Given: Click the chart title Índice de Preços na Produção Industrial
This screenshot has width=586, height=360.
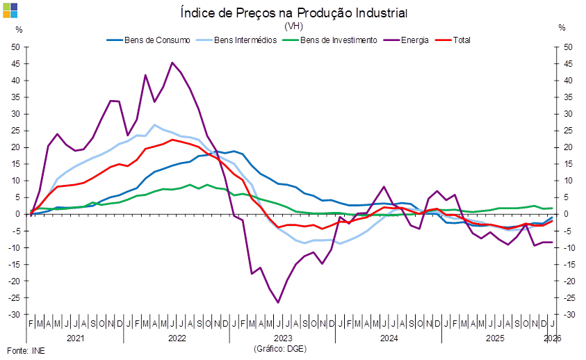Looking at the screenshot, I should coord(293,13).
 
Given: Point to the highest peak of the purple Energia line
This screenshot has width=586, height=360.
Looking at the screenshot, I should coord(172,62).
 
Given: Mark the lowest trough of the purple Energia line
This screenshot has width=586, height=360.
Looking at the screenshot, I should coord(278,302).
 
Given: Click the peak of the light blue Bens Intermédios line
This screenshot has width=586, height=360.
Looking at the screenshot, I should coord(154,125).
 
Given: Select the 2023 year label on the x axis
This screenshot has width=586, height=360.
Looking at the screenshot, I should coord(282,338).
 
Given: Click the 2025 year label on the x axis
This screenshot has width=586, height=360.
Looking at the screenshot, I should coord(494,338).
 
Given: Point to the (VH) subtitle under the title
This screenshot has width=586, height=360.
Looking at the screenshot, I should coord(293,26).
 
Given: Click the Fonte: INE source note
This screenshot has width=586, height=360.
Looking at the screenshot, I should coord(25,350).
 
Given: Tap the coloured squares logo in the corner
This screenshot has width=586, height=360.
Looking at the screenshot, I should coord(10,10).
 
